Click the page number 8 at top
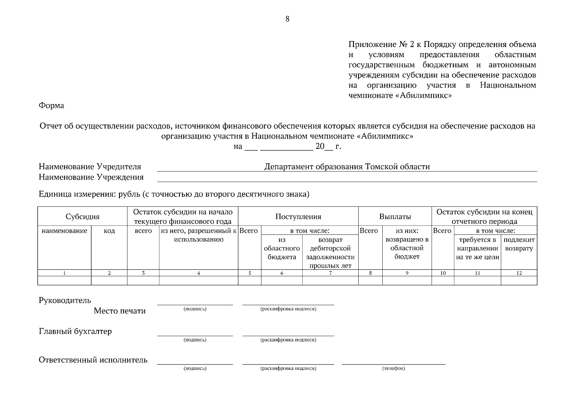(287, 19)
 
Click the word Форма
(51, 106)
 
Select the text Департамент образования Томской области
(347, 167)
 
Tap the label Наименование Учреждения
(91, 177)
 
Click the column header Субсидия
(82, 217)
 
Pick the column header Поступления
(298, 217)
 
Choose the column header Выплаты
(395, 217)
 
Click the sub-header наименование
(64, 231)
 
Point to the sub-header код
(109, 231)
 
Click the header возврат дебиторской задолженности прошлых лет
(330, 253)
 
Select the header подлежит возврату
(519, 244)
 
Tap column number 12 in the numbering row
(519, 273)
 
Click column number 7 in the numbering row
(330, 273)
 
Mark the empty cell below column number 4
(198, 281)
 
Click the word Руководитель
(65, 300)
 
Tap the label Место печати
(120, 311)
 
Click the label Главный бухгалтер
(75, 332)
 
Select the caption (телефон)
(393, 368)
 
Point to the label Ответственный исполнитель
(93, 360)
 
